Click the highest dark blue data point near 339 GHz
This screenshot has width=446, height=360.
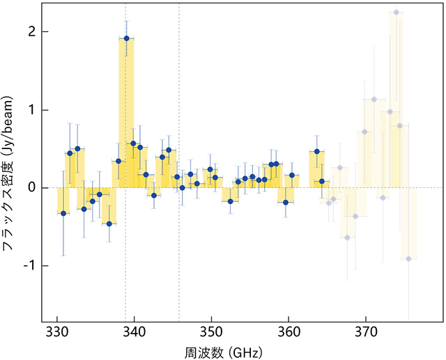click(x=126, y=38)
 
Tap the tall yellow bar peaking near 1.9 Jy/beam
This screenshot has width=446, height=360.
click(x=126, y=111)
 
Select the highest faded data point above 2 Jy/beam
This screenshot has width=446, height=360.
click(x=396, y=13)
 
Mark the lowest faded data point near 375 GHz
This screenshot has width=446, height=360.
click(x=409, y=259)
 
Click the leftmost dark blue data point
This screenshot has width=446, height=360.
click(x=63, y=213)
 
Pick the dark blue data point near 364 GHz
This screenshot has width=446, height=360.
click(x=317, y=151)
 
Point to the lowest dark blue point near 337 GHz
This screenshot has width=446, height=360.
click(x=109, y=224)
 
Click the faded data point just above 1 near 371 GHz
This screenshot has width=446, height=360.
click(x=374, y=99)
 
